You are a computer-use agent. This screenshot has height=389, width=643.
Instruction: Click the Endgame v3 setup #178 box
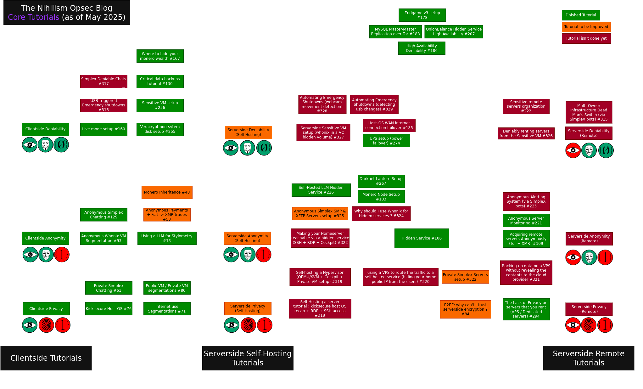422,15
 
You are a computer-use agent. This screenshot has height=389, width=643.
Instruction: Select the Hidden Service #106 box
422,238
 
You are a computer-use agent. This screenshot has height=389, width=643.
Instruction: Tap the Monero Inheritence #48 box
167,192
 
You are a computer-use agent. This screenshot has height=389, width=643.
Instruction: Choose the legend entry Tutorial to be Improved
586,27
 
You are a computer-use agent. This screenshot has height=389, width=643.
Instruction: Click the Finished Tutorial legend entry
581,15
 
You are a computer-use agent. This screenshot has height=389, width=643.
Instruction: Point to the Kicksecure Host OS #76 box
109,309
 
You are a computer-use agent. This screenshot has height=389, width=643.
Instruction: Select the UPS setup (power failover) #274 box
386,141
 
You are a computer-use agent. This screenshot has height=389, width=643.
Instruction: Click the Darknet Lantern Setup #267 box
381,181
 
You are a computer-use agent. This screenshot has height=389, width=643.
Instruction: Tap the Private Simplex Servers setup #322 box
465,277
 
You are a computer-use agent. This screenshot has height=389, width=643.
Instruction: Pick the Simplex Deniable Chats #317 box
103,81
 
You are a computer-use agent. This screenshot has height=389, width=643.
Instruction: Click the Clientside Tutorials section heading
46,358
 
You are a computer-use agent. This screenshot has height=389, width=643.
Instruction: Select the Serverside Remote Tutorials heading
589,358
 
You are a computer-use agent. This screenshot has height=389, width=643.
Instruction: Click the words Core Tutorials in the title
33,17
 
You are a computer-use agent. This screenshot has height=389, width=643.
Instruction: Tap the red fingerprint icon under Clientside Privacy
46,325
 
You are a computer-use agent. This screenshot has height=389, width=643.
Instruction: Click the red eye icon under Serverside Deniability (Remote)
573,150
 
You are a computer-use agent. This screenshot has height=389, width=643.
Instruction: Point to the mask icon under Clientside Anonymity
46,255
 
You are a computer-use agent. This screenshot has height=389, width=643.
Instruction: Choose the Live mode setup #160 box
103,129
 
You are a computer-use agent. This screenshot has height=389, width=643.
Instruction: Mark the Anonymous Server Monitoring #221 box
526,221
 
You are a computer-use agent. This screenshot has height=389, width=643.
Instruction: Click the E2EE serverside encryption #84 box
465,309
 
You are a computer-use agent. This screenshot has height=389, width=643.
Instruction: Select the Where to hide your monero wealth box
160,56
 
